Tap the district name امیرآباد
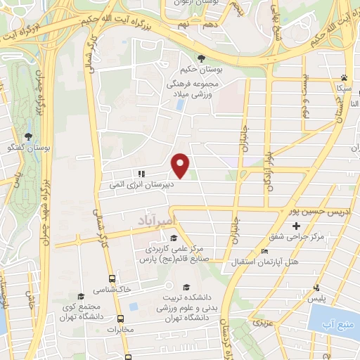pyautogui.click(x=150, y=221)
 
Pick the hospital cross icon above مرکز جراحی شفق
pyautogui.click(x=296, y=226)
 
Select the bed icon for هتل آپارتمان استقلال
pyautogui.click(x=264, y=252)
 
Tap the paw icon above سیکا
pyautogui.click(x=344, y=78)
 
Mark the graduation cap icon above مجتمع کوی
pyautogui.click(x=81, y=296)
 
